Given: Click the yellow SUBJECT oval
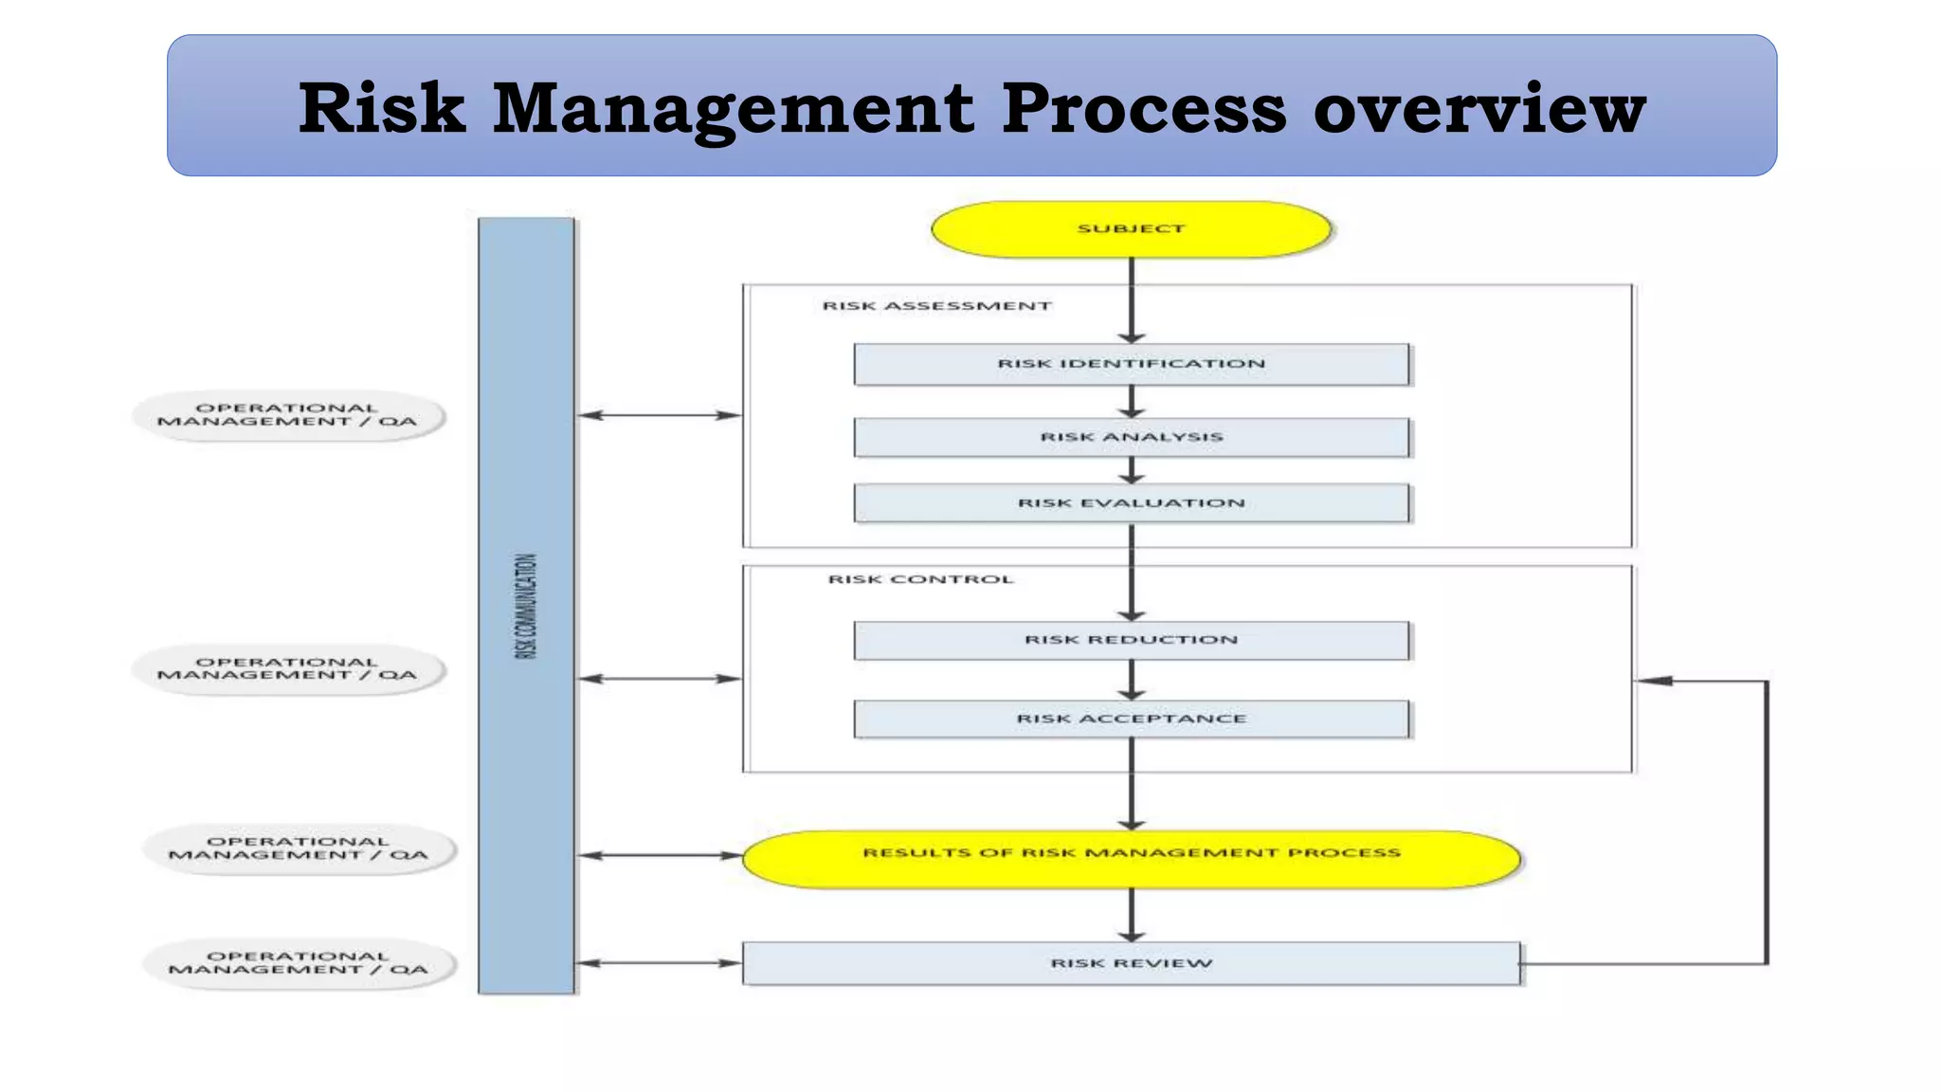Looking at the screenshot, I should click(x=1131, y=229).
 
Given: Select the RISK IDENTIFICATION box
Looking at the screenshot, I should click(x=1131, y=364).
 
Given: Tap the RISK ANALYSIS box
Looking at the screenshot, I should click(x=1131, y=437).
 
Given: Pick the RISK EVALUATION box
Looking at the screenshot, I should click(x=1131, y=503).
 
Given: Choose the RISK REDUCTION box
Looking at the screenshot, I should click(x=1131, y=640).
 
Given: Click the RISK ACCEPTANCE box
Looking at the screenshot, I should click(x=1131, y=719).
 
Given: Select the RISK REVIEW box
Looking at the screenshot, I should click(x=1131, y=963).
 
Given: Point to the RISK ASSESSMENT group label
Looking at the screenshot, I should click(x=936, y=306).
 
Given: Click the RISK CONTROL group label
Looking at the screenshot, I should click(x=920, y=579).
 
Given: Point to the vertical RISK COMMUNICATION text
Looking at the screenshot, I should click(x=526, y=607).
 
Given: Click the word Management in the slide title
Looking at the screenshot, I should click(x=733, y=109).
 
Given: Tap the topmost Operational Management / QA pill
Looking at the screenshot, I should click(x=287, y=415).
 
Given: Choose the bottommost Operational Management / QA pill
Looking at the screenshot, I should click(x=299, y=963).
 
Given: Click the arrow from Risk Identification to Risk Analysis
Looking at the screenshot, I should click(x=1131, y=402).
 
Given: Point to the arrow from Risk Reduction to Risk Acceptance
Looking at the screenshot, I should click(x=1131, y=681).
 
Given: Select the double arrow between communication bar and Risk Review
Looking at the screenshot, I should click(x=659, y=963).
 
